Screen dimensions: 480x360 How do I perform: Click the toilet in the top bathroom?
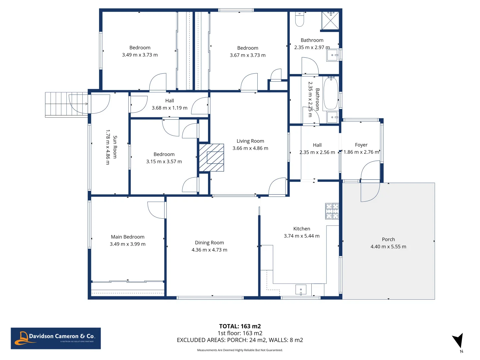(x=299, y=19)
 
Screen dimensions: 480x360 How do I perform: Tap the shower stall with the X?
(x=330, y=21)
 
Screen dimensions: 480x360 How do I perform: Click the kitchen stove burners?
(x=332, y=211)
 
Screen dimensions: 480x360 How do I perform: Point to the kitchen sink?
(x=301, y=290)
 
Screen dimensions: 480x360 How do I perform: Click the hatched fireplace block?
(x=211, y=157)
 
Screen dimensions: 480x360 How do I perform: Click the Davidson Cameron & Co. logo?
(x=56, y=338)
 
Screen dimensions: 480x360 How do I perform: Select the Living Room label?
(x=250, y=141)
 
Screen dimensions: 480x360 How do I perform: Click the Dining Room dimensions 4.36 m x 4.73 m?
(x=209, y=250)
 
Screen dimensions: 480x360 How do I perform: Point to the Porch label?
(x=388, y=239)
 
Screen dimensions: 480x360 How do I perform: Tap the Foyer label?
(x=361, y=145)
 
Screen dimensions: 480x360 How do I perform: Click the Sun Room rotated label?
(x=115, y=147)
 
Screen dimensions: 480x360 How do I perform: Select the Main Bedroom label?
(x=127, y=237)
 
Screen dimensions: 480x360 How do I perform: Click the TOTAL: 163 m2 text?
(x=240, y=326)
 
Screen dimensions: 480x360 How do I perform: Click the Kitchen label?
(x=302, y=229)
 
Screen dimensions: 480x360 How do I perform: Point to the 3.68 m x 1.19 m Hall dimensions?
(x=169, y=108)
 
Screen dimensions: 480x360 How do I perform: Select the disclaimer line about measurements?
(x=240, y=350)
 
